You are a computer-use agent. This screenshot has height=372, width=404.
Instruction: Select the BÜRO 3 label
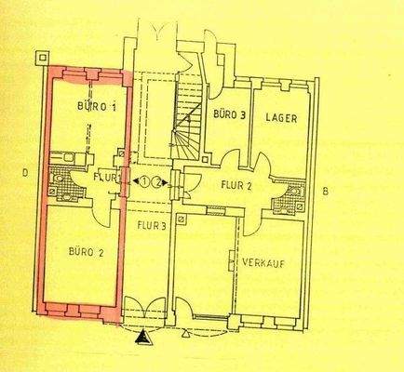pyautogui.click(x=230, y=116)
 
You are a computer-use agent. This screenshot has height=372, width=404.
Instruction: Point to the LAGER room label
pyautogui.click(x=280, y=116)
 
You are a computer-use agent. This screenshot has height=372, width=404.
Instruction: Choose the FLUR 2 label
pyautogui.click(x=236, y=184)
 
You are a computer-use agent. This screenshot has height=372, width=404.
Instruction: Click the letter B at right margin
pyautogui.click(x=324, y=193)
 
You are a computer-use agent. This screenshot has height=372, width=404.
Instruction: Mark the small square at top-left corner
pyautogui.click(x=41, y=56)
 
